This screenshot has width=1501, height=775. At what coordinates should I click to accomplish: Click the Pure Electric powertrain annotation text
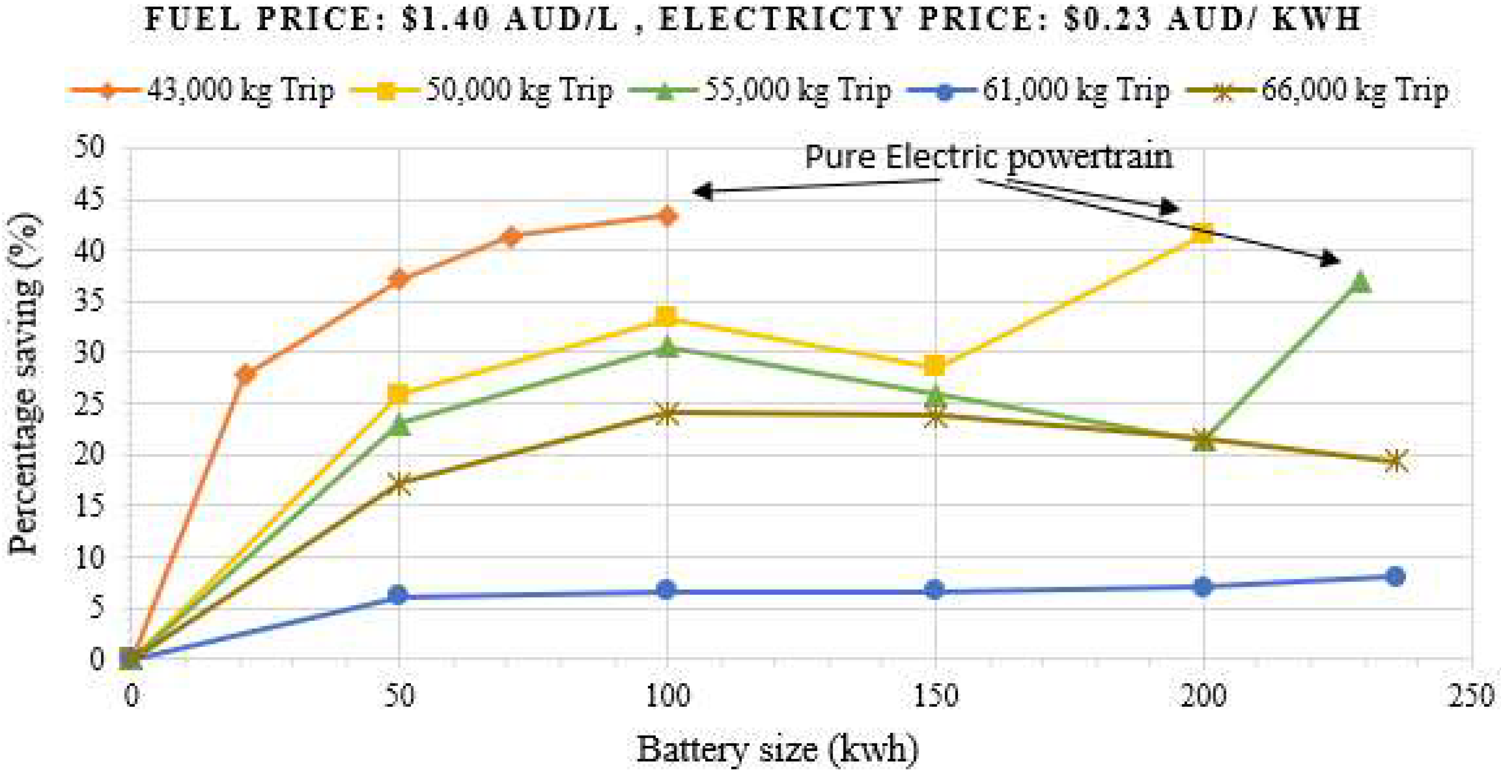click(x=988, y=157)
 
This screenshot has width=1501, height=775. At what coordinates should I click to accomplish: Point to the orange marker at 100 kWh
click(x=667, y=217)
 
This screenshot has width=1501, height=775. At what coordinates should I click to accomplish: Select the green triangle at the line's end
click(x=1359, y=282)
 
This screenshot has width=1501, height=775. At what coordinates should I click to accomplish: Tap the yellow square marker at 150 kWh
click(x=935, y=366)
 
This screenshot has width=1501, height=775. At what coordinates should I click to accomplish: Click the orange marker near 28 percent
click(x=246, y=374)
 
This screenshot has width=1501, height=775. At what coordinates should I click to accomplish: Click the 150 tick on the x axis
click(x=935, y=695)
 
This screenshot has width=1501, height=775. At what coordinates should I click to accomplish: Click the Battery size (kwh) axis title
click(x=777, y=749)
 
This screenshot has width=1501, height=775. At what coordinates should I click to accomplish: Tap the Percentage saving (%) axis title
click(x=25, y=384)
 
